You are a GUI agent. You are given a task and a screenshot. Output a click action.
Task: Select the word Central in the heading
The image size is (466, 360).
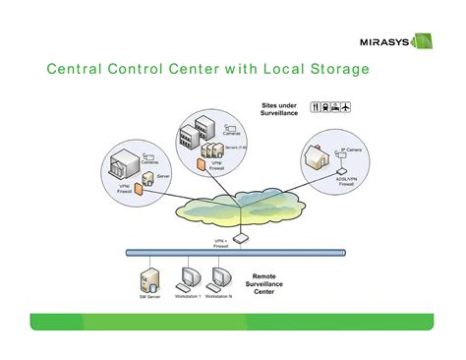pos(81,70)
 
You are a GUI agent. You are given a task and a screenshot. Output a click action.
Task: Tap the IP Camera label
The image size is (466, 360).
pos(350,150)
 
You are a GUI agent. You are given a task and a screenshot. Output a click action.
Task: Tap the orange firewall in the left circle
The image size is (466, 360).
pos(138,190)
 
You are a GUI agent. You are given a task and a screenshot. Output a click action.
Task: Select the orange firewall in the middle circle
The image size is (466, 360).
pos(203,165)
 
